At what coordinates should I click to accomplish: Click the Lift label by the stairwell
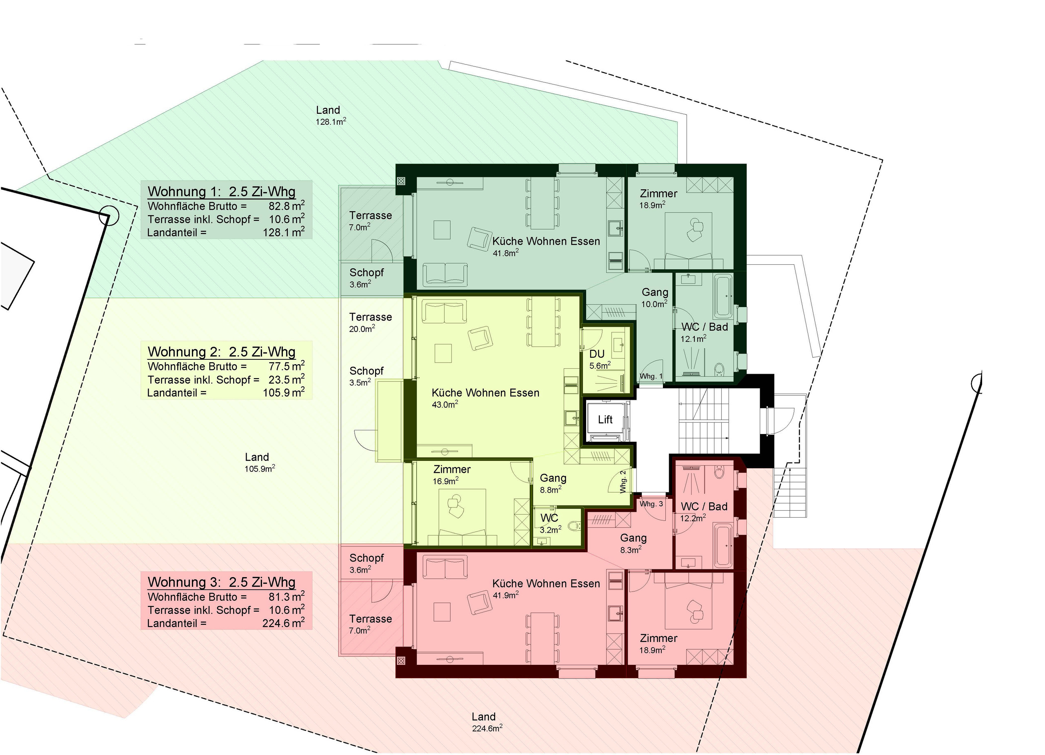[x=605, y=419]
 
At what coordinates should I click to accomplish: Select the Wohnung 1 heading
[x=222, y=192]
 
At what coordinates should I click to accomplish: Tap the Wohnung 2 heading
[x=222, y=352]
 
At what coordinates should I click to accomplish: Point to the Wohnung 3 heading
[x=222, y=582]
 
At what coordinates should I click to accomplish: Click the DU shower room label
[x=597, y=354]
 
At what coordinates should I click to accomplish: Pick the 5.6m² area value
[x=600, y=365]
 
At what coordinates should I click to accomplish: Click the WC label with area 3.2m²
[x=549, y=518]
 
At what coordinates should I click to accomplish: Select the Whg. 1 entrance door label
[x=651, y=376]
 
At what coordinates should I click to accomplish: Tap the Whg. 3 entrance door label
[x=651, y=504]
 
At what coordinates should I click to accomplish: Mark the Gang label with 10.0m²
[x=655, y=292]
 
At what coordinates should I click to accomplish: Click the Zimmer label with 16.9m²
[x=451, y=469]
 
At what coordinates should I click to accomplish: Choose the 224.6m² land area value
[x=487, y=728]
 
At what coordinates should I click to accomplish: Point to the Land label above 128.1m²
[x=328, y=110]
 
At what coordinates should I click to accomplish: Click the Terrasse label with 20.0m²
[x=371, y=317]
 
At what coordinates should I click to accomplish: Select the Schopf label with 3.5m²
[x=366, y=371]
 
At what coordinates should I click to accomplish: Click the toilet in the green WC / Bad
[x=719, y=369]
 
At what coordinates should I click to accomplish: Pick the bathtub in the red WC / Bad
[x=723, y=545]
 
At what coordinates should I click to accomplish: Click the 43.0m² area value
[x=445, y=404]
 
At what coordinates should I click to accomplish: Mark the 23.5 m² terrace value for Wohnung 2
[x=287, y=379]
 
